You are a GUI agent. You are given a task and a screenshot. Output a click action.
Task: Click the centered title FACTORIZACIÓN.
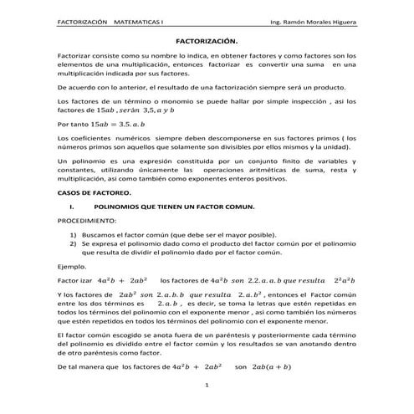(x=207, y=40)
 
